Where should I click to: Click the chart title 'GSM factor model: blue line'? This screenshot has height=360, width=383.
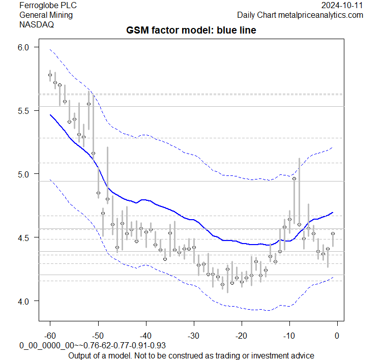point(191,31)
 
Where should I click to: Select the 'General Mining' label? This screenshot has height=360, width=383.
point(46,15)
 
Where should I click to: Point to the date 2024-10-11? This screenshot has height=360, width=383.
point(342,5)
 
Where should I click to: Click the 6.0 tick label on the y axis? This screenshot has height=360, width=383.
point(25,47)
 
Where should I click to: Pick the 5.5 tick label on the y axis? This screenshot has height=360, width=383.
point(25,110)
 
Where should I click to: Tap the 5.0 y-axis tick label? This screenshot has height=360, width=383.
point(25,174)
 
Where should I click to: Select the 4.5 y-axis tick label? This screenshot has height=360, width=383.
point(25,237)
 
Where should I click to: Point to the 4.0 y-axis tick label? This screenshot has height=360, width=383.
point(25,301)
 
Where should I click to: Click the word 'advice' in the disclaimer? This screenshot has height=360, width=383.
point(301,354)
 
